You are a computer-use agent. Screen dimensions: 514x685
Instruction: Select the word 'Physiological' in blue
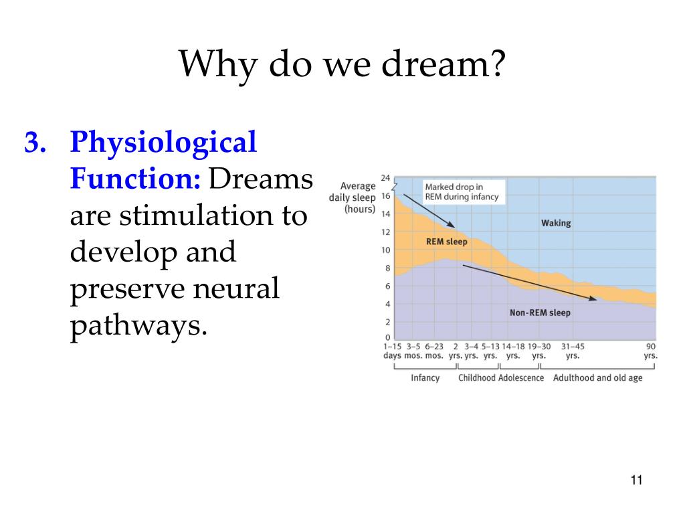[163, 144]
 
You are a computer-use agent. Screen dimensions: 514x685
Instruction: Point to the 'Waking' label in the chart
[556, 223]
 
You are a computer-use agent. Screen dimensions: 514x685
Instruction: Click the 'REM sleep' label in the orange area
[446, 242]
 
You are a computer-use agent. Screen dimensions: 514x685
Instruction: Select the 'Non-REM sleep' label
[539, 313]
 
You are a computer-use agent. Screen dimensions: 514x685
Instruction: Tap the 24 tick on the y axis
[385, 178]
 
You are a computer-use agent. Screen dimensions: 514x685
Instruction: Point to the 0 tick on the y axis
[387, 337]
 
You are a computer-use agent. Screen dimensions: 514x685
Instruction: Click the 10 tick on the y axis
[385, 250]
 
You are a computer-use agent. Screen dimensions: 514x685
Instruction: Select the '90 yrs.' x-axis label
[650, 351]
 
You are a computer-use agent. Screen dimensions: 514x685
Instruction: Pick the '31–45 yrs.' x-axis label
[572, 351]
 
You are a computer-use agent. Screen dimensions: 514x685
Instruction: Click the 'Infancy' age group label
[425, 378]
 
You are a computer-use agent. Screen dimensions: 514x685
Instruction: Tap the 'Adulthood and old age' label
[597, 378]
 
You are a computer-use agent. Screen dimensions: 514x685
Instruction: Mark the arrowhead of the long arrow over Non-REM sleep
[593, 298]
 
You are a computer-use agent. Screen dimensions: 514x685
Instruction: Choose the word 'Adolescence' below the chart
[521, 378]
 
